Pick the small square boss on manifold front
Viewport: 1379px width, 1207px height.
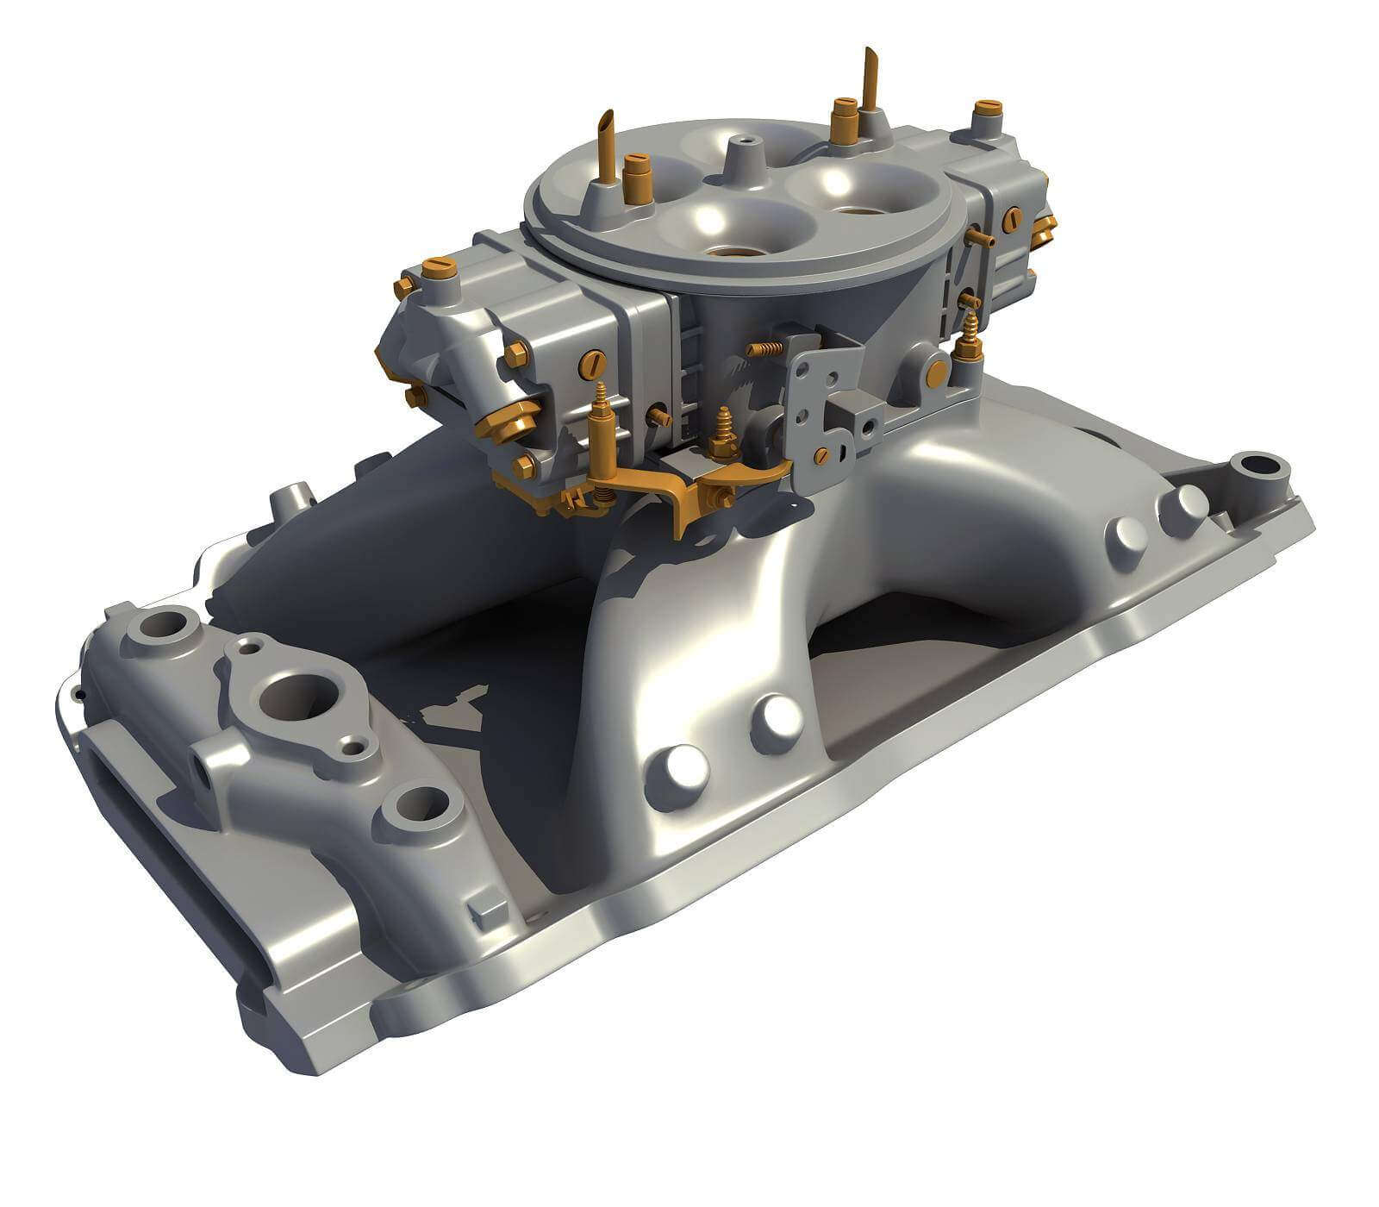pyautogui.click(x=489, y=908)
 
